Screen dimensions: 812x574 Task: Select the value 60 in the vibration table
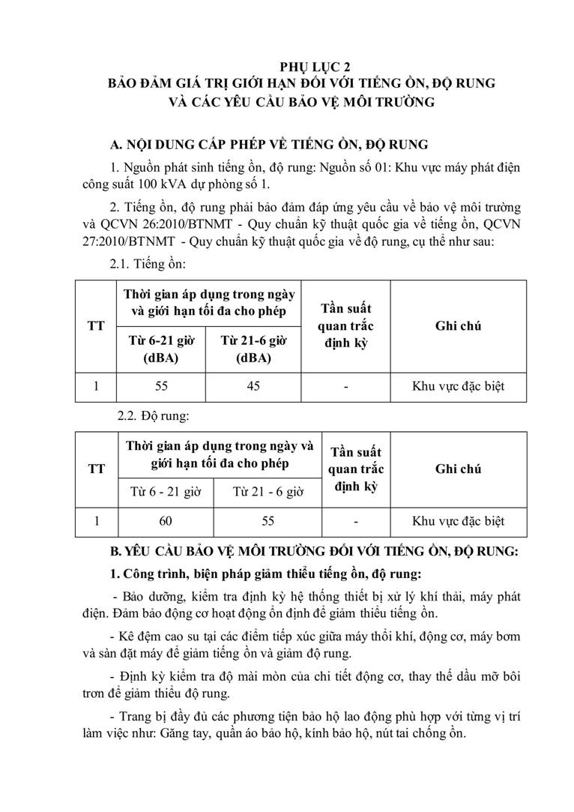click(165, 521)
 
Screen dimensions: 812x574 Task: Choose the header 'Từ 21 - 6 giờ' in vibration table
click(268, 492)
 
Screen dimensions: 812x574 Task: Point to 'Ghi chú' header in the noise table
click(458, 326)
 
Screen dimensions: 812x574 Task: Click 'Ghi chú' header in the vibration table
click(458, 469)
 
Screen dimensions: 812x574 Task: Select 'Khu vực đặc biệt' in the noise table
click(458, 387)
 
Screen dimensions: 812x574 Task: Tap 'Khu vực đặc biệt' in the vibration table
click(458, 521)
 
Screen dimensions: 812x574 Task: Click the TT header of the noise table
click(96, 327)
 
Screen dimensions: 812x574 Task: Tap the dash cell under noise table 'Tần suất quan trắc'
click(345, 387)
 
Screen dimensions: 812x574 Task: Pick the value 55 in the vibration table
click(268, 521)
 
